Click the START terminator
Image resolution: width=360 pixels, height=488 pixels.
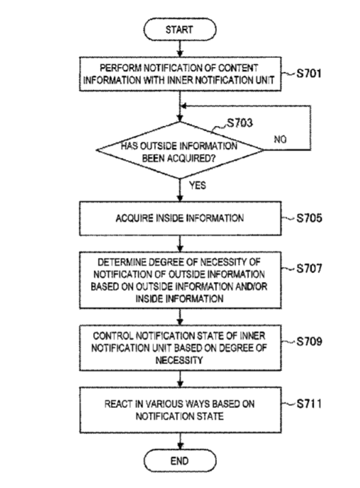[x=180, y=29]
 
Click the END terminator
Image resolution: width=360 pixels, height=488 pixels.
[x=180, y=461]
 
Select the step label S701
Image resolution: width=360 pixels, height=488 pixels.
[x=309, y=73]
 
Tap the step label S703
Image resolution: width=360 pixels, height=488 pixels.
[x=240, y=123]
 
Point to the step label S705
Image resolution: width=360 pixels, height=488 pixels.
[x=309, y=218]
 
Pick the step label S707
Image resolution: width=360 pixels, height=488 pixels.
[x=309, y=268]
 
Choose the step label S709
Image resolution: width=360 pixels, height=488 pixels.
[x=309, y=342]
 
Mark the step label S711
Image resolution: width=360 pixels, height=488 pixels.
[x=309, y=404]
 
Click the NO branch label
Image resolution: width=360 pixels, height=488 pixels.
[x=280, y=140]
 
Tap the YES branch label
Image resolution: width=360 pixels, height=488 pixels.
[x=198, y=185]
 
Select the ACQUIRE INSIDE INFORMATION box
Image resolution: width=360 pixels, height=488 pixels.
[x=180, y=218]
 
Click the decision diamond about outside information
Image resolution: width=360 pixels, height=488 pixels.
[x=180, y=150]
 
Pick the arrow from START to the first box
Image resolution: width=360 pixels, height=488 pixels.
[x=180, y=49]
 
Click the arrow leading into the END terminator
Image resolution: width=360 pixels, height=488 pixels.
[x=180, y=441]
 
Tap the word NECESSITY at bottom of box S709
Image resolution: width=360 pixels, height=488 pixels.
[x=179, y=360]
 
